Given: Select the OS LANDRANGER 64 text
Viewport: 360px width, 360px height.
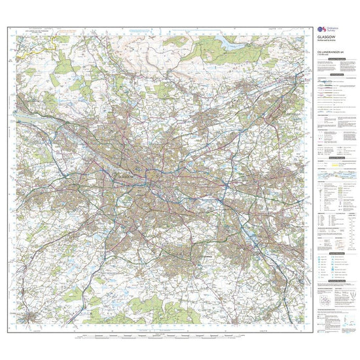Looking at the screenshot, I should click(330, 53).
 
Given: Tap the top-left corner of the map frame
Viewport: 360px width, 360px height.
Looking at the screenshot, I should click(9, 27).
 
